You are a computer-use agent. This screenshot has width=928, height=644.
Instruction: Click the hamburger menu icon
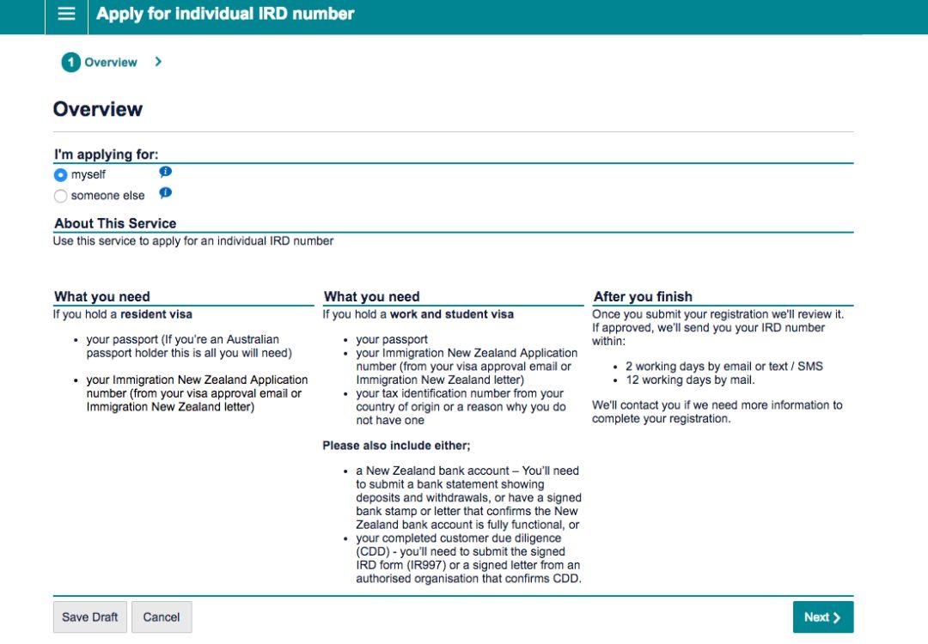tap(66, 15)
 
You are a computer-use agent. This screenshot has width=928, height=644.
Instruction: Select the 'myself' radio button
tap(60, 175)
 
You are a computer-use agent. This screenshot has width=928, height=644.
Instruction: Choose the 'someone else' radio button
tap(60, 196)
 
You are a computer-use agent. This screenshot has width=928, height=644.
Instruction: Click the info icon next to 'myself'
tap(166, 172)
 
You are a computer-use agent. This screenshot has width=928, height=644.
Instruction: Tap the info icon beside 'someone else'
tap(166, 193)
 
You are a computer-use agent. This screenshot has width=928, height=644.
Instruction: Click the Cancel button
tap(162, 617)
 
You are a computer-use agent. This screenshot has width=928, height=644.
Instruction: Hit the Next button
tap(822, 617)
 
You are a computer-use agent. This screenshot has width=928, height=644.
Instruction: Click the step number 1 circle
tap(70, 63)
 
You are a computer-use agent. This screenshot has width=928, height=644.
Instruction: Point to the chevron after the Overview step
tap(158, 62)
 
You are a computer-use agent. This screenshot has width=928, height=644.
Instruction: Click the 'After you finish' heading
tap(643, 297)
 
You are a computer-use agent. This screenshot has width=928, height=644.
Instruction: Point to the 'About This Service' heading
tap(115, 223)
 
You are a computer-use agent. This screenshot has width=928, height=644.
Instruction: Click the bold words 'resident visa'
tap(156, 314)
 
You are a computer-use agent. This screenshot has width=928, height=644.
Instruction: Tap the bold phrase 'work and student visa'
tap(452, 314)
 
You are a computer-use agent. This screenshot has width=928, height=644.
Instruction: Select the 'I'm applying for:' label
tap(107, 155)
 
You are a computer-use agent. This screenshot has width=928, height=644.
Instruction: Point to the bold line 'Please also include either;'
tap(396, 446)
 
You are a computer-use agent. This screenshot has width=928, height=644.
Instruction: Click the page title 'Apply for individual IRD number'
tap(225, 15)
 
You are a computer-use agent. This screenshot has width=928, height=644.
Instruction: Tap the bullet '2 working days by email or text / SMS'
tap(723, 366)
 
